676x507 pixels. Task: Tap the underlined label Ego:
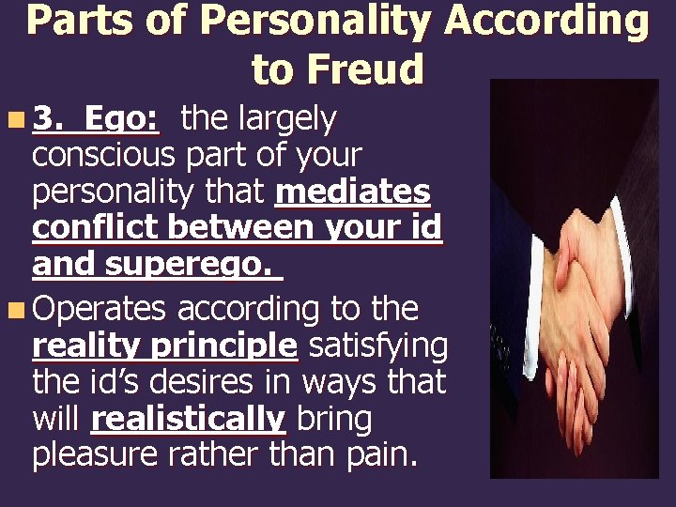121,119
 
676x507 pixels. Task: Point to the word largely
286,120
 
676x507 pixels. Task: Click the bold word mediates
353,192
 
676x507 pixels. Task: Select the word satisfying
377,346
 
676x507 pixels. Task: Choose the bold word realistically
188,420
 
